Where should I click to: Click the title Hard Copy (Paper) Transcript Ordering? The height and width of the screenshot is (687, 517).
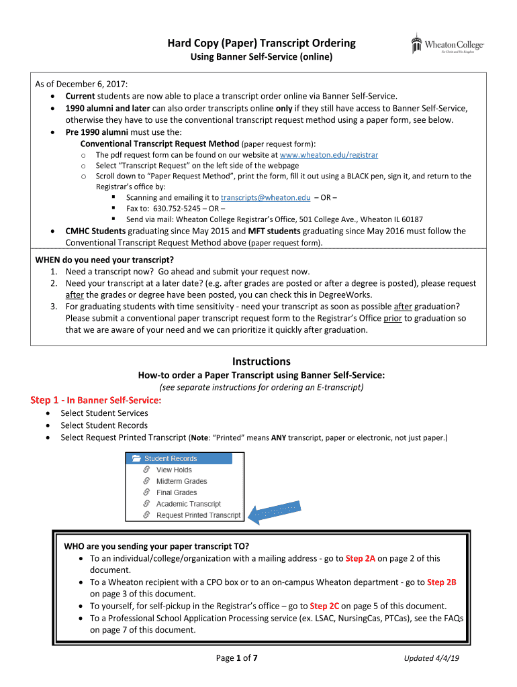[261, 44]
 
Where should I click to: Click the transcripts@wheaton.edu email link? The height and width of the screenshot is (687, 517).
[265, 197]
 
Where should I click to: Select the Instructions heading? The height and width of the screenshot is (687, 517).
[261, 361]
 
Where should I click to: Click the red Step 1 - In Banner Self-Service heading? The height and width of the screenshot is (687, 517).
[96, 401]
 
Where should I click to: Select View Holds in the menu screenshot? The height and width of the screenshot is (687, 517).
[174, 470]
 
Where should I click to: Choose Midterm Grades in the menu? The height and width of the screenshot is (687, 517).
[181, 481]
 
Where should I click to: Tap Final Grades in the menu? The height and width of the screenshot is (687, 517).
[177, 492]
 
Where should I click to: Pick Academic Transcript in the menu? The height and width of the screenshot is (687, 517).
[188, 504]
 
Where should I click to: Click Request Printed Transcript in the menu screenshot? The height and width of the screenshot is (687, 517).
[198, 515]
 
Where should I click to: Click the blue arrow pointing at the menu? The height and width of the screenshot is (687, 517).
[272, 513]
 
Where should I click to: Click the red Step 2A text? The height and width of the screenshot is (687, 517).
[360, 558]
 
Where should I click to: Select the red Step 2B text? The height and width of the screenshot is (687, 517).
[441, 582]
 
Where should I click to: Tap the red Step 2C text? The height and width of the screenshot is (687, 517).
[324, 606]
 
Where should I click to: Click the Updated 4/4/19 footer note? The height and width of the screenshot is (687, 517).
[431, 658]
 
